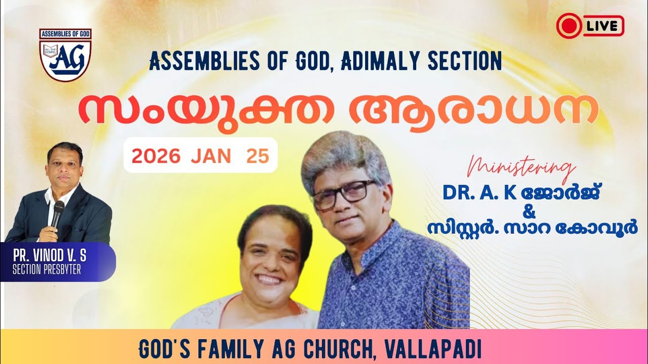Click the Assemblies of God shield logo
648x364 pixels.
65,55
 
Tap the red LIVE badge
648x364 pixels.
590,26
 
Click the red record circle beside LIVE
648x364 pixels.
569,26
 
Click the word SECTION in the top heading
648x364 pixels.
464,61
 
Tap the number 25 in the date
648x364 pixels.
257,156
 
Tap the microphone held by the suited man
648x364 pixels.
58,212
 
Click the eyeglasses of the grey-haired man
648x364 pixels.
344,194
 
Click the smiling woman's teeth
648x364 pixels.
269,279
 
